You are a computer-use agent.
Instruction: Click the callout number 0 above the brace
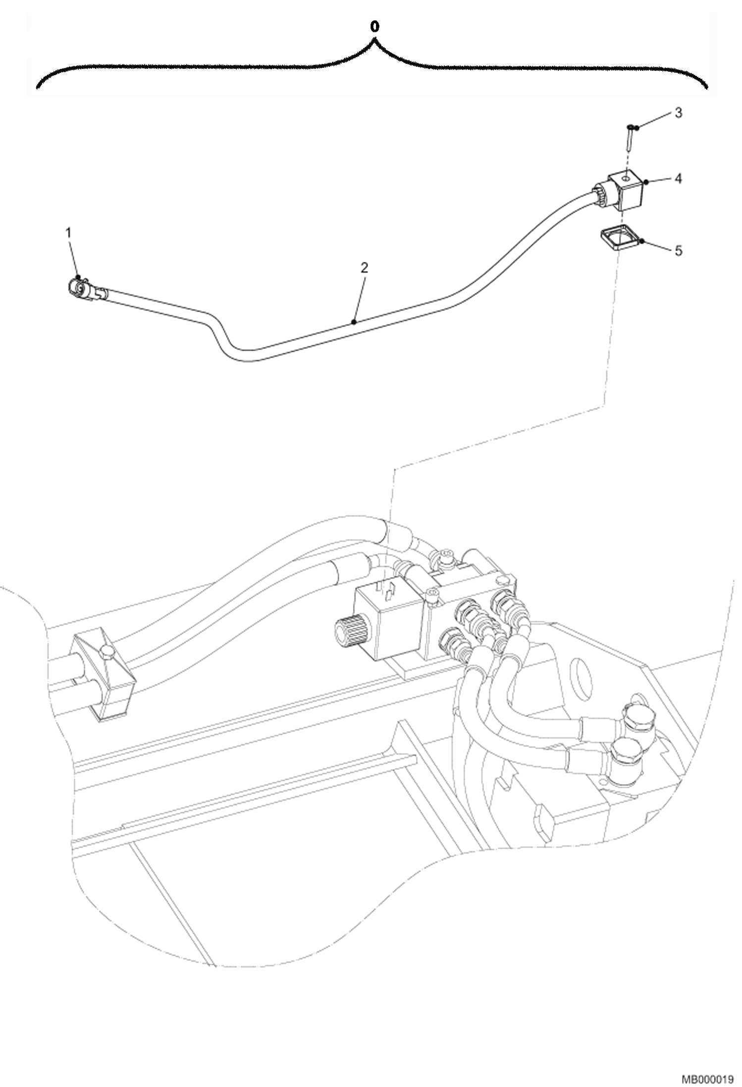click(x=375, y=28)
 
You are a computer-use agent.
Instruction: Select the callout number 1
click(x=69, y=232)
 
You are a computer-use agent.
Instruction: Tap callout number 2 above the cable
click(x=364, y=268)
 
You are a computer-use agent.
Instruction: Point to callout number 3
click(x=678, y=112)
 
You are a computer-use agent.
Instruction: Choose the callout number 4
click(x=678, y=178)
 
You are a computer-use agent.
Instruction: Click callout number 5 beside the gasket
click(x=678, y=251)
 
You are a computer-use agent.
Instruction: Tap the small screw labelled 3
click(x=628, y=137)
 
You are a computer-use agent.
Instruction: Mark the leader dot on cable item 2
click(x=353, y=322)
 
